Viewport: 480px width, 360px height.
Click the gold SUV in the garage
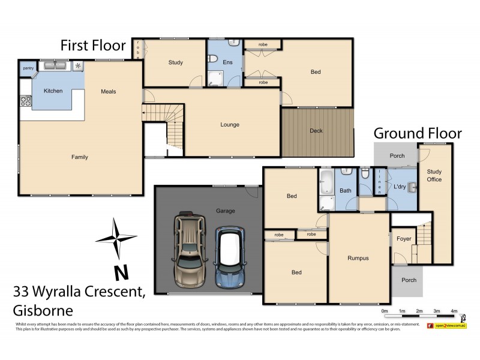190,250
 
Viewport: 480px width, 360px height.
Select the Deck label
316,131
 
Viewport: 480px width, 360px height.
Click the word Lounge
229,125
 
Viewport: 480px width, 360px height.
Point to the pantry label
28,68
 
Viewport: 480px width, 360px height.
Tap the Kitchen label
53,91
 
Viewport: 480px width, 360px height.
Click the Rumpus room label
358,258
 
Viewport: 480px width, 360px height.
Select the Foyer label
404,238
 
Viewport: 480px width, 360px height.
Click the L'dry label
399,187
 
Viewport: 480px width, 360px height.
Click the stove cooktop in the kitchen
26,101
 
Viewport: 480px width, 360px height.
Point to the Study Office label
434,175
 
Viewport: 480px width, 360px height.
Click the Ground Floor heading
418,133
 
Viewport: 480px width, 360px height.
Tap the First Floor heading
92,46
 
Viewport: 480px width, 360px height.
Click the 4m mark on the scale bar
454,311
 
